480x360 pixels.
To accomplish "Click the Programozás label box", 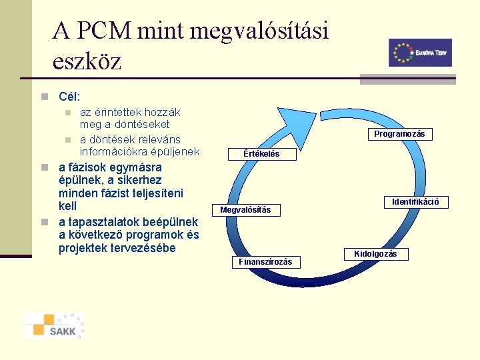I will (x=399, y=134).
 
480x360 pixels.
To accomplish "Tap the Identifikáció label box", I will (x=415, y=201).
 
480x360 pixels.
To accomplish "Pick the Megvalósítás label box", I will (x=245, y=210).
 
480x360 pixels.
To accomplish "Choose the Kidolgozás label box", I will (x=375, y=254).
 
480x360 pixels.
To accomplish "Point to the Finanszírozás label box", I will (x=265, y=262).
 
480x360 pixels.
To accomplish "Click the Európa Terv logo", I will (x=420, y=53).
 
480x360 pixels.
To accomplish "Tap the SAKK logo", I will (x=55, y=325).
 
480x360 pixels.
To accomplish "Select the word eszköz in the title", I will (x=87, y=62).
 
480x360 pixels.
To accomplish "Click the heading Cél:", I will (x=69, y=97).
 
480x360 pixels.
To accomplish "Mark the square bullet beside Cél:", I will (x=43, y=97).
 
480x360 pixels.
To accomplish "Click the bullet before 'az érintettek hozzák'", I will (x=67, y=113).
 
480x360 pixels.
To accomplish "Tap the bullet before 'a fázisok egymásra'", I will (x=43, y=167).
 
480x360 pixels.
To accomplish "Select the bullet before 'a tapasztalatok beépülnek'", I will (x=43, y=222).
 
